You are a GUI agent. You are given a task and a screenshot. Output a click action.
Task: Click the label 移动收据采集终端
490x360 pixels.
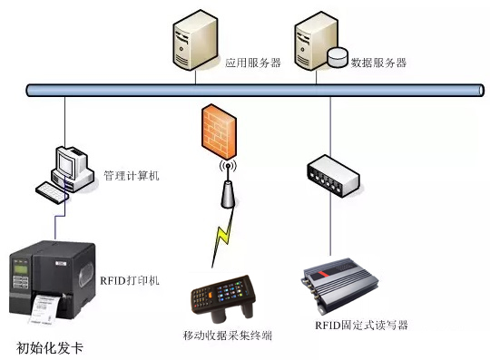point(227,336)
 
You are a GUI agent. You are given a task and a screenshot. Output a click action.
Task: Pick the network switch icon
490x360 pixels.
point(330,177)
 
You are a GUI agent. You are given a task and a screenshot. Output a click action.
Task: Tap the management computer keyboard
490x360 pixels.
point(54,190)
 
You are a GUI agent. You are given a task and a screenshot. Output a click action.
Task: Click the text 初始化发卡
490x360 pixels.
point(55,347)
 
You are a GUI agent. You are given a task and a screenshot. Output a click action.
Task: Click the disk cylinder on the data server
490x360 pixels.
point(338,57)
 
